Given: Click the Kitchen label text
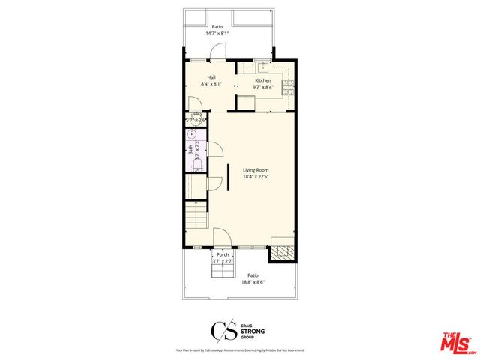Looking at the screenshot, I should pos(263,80).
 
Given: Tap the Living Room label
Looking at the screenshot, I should pos(256,170).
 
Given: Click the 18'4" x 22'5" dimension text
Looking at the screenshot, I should pos(256,178).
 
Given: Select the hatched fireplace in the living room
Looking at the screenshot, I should pos(281,253).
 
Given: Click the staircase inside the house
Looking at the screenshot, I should pos(196,217).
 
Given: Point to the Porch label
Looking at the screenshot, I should pos(223,254).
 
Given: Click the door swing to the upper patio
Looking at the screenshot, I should pos(217,52).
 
